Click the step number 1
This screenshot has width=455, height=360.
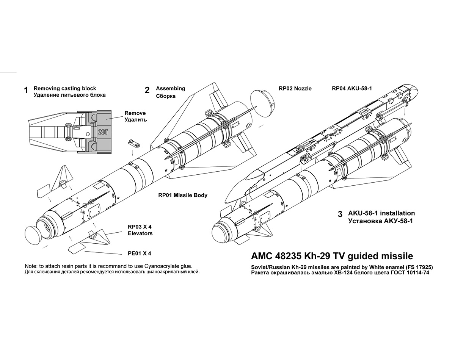26,90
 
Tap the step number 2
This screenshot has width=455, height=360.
147,90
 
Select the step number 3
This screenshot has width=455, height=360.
340,214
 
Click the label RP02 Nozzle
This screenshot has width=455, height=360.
295,88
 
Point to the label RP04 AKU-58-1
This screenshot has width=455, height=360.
352,88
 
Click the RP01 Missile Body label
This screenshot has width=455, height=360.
183,196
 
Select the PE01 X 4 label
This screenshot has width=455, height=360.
140,253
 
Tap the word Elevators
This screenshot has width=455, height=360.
140,233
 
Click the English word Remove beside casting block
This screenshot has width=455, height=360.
135,113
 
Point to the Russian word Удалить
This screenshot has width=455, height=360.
135,120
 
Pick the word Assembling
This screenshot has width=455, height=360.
171,88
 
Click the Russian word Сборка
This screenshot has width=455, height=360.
166,96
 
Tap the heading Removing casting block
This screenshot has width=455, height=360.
65,88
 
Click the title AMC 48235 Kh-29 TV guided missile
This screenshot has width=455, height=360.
332,256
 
